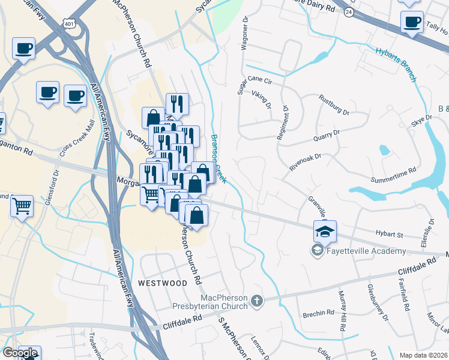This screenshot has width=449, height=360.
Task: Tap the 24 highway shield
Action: [349, 11]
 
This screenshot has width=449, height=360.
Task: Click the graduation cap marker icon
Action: [325, 231]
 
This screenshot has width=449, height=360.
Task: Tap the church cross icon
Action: [257, 301]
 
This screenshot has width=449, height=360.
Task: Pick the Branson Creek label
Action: [218, 158]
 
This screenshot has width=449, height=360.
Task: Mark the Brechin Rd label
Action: [319, 313]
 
